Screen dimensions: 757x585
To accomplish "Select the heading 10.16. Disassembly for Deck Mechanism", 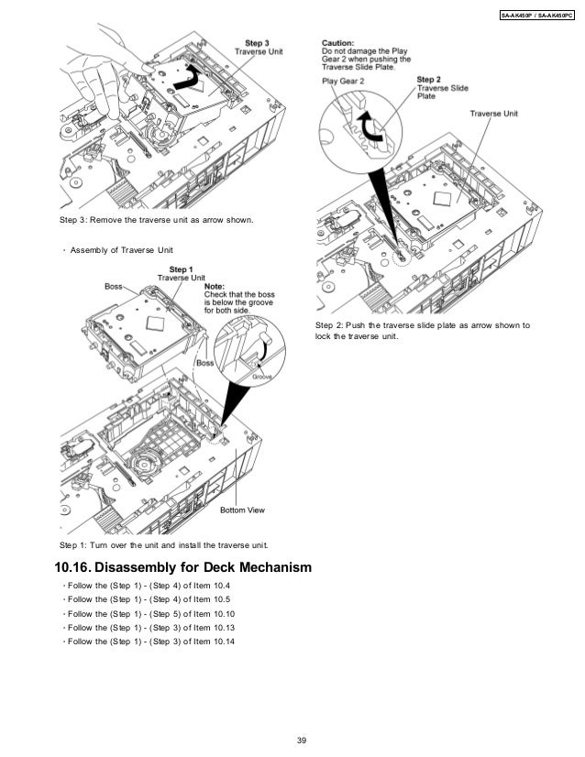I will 183,568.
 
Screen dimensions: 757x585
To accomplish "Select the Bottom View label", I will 242,510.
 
